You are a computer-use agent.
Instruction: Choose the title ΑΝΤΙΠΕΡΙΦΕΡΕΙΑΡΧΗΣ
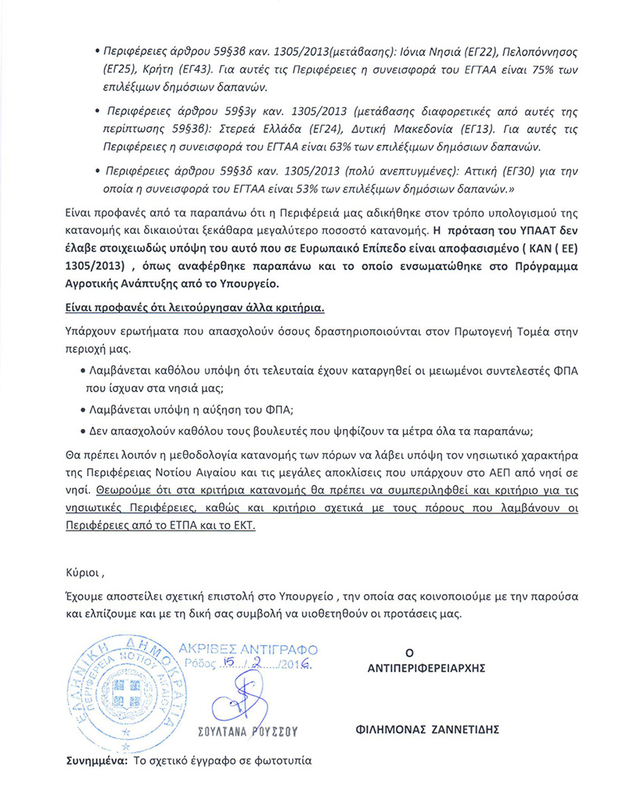tap(426, 669)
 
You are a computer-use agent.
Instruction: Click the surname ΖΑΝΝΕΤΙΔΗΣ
tap(462, 728)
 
